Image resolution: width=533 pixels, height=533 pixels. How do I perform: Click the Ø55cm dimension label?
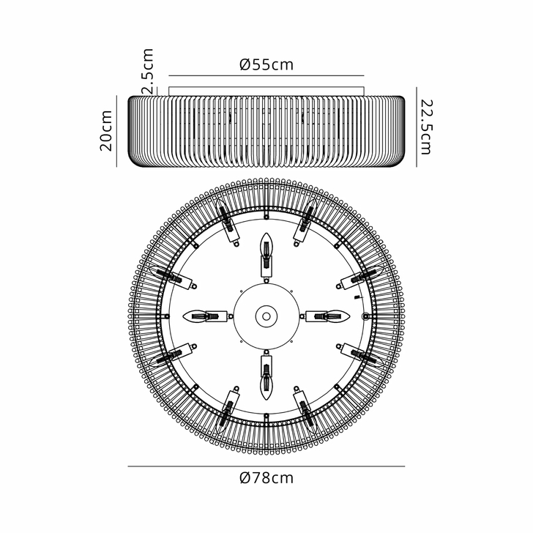266,64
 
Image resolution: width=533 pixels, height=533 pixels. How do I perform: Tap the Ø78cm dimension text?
266,479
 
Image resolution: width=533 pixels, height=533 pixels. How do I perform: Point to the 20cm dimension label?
107,130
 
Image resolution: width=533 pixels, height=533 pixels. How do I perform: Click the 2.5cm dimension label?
148,70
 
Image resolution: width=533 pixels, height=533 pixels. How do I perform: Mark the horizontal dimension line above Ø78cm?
266,466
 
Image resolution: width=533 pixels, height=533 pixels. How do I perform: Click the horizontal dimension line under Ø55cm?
266,75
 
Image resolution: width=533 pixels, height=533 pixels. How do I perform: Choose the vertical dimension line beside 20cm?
117,130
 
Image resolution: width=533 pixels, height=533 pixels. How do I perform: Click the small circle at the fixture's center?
266,316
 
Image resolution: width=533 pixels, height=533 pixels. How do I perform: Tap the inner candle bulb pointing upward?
266,253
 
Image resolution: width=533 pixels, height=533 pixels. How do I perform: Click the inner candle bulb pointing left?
203,316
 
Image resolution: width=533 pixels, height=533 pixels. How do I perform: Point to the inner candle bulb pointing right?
329,316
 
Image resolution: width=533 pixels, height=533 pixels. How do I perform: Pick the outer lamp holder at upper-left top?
229,226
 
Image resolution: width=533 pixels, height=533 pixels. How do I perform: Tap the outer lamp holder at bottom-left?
229,406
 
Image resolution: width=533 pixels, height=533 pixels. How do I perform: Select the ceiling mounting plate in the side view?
266,90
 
